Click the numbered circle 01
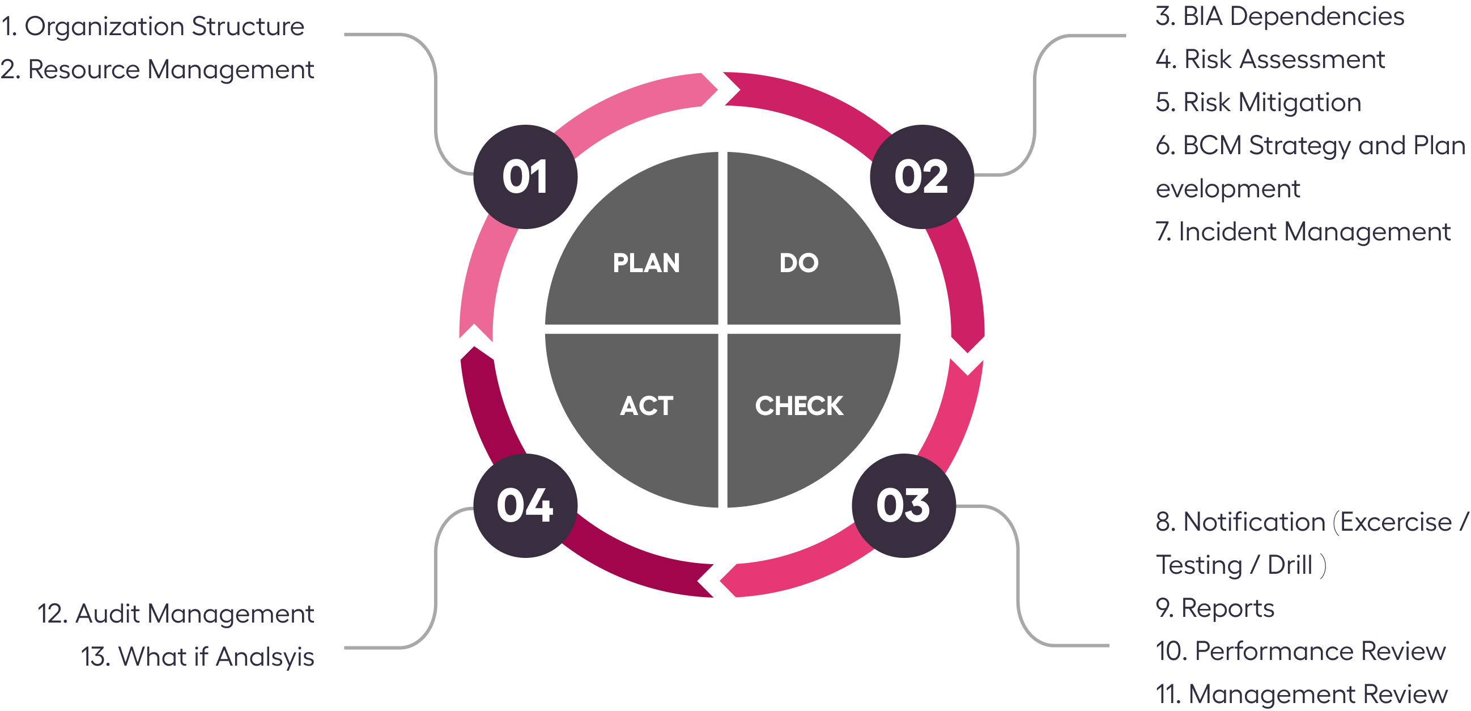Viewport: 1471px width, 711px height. (525, 176)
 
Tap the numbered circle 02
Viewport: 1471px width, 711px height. (921, 176)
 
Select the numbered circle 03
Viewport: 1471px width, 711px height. (903, 505)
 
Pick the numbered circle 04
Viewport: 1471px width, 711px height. (525, 505)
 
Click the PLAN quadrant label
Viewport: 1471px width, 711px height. (646, 263)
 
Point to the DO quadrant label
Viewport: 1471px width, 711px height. (799, 263)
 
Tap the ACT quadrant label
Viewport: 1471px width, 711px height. (646, 406)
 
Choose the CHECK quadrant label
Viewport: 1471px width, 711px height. (799, 406)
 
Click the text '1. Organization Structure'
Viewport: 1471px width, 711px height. (152, 27)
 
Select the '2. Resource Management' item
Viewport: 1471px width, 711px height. (157, 70)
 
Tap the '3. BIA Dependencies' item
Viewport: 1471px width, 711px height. (1279, 16)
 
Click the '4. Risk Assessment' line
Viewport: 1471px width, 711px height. (1270, 60)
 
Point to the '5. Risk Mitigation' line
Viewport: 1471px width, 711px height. (1258, 102)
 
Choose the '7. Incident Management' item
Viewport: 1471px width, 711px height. (1303, 231)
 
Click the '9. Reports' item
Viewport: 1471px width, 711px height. (1215, 608)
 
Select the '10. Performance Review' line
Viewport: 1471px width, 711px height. (1300, 651)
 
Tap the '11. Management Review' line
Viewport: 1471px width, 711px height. (1302, 694)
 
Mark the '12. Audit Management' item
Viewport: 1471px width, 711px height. (176, 614)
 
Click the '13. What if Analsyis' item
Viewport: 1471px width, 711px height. (198, 657)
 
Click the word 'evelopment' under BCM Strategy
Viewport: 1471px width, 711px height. (1228, 189)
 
